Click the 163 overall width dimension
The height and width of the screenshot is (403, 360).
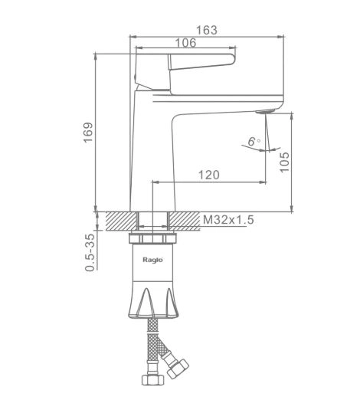click(207, 30)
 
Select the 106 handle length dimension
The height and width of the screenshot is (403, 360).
click(185, 43)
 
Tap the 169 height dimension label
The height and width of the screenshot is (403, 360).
click(88, 133)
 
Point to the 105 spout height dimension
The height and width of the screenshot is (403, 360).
click(284, 162)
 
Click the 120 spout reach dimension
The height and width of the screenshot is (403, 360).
click(209, 175)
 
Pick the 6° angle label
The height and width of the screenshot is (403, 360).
click(254, 142)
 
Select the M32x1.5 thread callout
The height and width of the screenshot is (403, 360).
click(228, 220)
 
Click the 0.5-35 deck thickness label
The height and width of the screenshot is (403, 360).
click(90, 252)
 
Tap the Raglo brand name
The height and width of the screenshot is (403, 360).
click(152, 260)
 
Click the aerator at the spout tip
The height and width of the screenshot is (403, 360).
click(265, 111)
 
